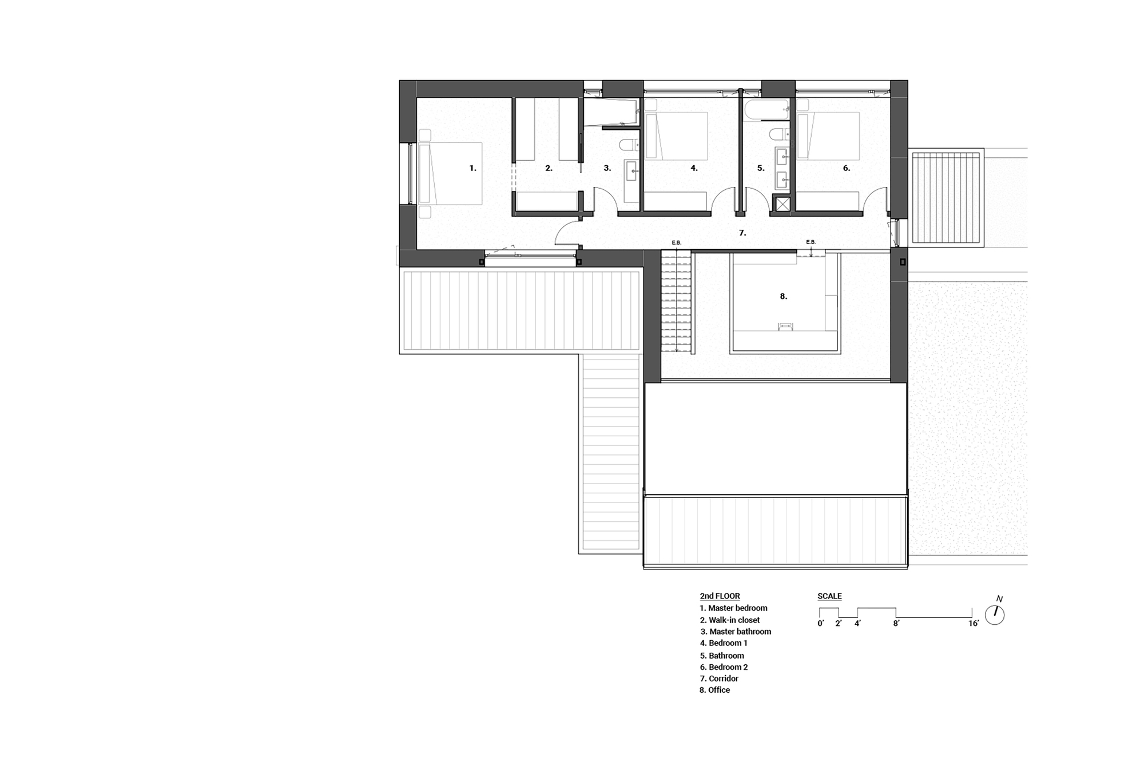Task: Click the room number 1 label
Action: coord(472,168)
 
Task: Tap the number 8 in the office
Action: coord(783,296)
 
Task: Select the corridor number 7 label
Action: coord(742,233)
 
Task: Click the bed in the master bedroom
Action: coord(450,173)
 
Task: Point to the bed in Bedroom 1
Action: coord(676,136)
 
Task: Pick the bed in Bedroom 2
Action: coord(828,136)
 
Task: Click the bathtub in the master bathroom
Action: coord(611,113)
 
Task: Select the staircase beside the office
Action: coord(676,303)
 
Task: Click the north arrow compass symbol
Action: coord(995,614)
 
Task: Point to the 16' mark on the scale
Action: coord(973,624)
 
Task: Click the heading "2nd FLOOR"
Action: coord(720,596)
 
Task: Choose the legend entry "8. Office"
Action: coord(714,690)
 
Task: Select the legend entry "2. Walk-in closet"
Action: coord(729,620)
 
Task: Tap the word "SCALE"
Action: coord(829,596)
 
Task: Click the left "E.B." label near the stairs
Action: coord(676,243)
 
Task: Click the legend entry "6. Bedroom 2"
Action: coord(724,667)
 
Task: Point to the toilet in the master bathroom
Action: coord(630,143)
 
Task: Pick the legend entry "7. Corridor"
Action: coord(719,679)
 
